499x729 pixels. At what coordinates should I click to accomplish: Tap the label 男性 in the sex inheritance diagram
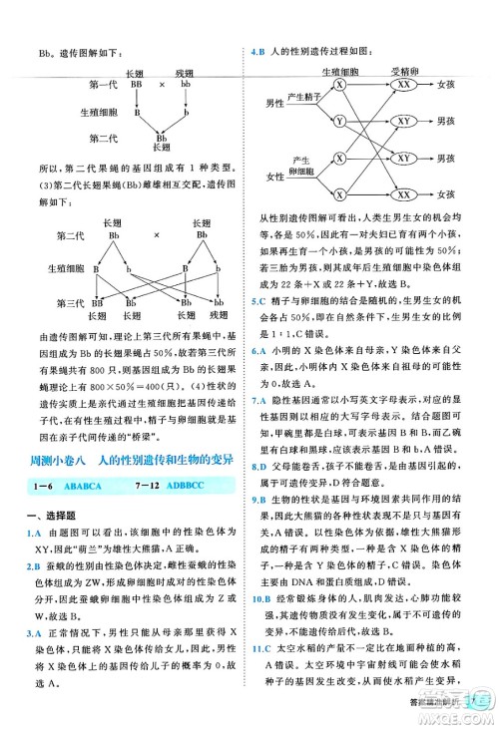pos(275,103)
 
